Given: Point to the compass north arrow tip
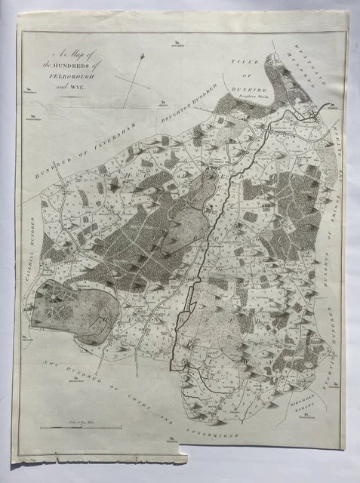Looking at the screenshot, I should [x=142, y=55].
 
